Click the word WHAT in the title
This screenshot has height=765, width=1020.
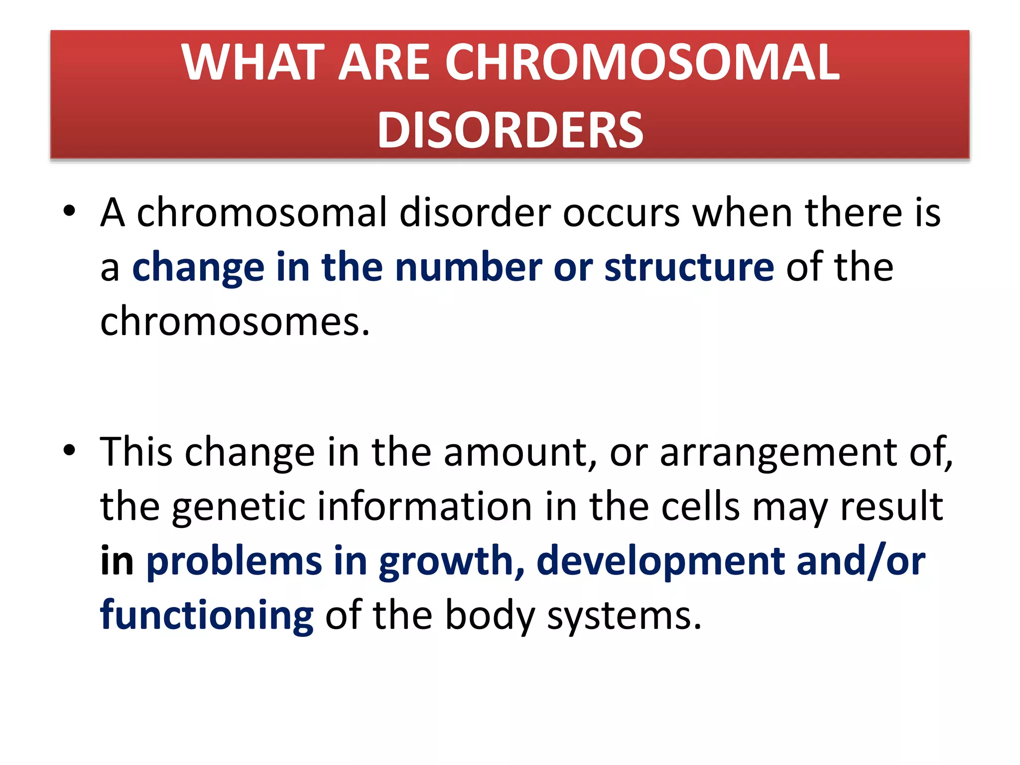click(253, 62)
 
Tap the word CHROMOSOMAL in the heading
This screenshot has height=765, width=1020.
click(642, 62)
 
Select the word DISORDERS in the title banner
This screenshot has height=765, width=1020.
click(510, 130)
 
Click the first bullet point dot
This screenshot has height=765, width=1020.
click(69, 211)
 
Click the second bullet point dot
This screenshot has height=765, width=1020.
click(69, 450)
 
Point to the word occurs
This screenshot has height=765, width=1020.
click(621, 213)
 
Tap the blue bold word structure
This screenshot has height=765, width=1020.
click(689, 267)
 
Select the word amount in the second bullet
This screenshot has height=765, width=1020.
click(516, 452)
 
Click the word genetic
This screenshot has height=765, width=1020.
click(238, 507)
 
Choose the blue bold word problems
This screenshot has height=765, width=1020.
click(234, 561)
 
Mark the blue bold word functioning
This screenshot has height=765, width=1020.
click(207, 616)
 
